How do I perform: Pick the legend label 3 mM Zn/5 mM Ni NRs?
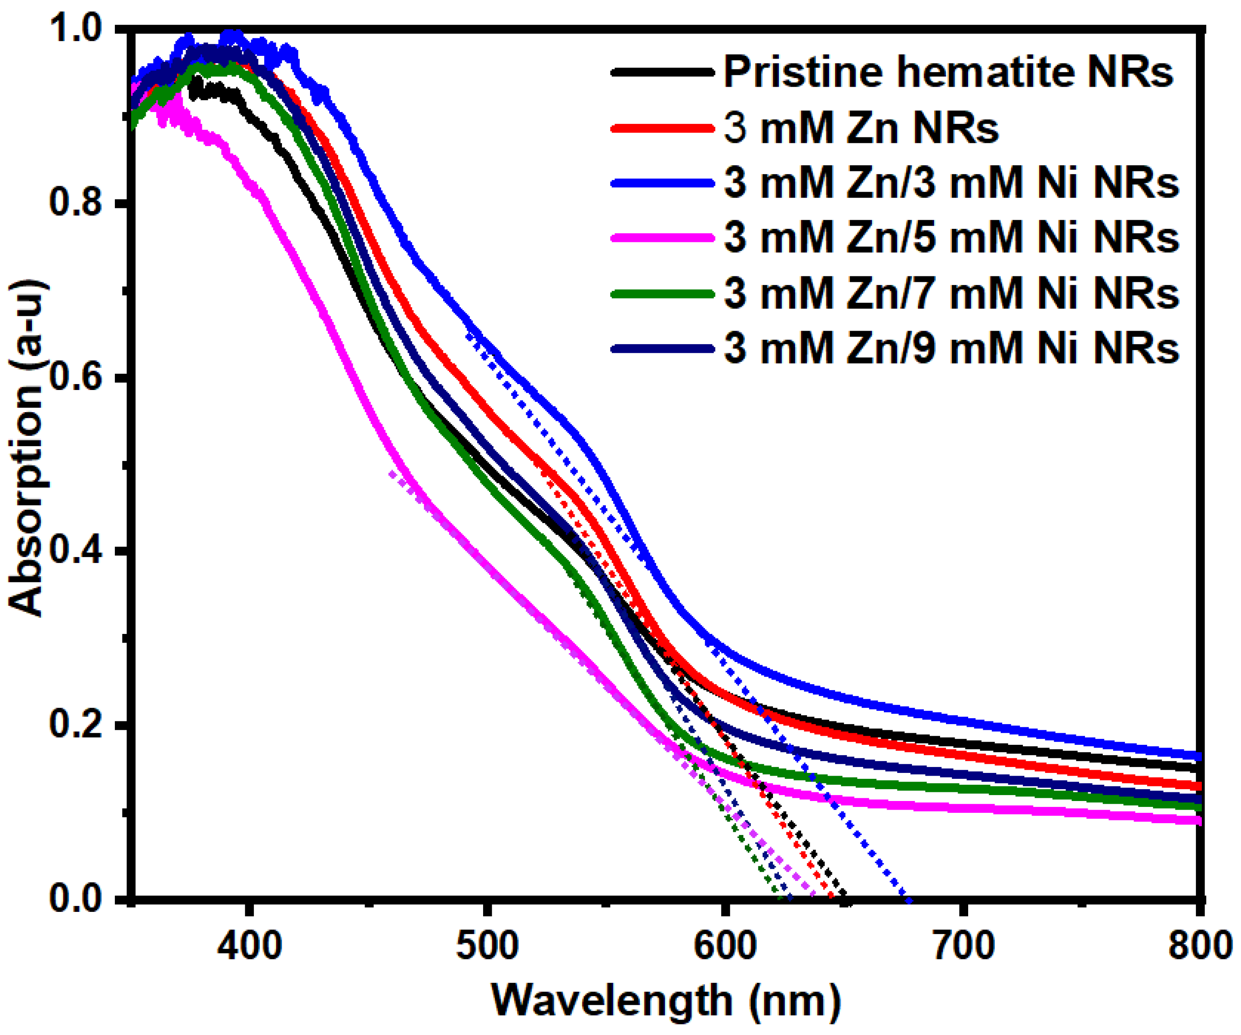click(952, 238)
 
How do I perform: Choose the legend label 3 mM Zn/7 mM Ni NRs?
click(952, 294)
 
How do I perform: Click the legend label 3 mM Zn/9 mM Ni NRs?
click(952, 348)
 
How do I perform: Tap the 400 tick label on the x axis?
click(250, 945)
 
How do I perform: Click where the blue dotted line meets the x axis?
click(908, 900)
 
